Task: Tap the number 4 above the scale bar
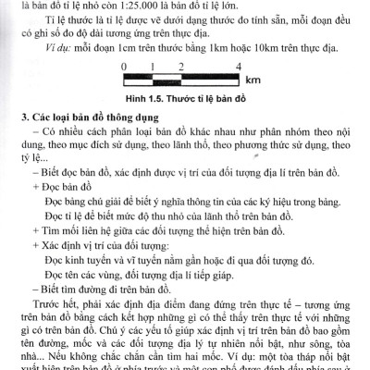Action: click(x=240, y=66)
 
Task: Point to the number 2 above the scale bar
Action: click(x=181, y=66)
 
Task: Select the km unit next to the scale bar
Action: click(x=253, y=80)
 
